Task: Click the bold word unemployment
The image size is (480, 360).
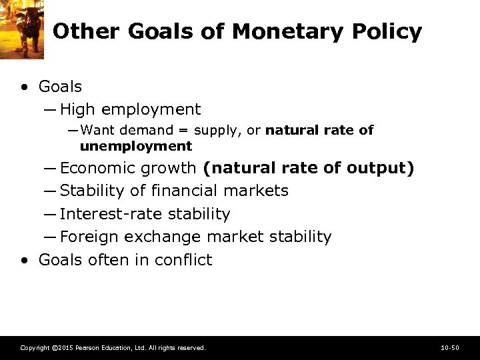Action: (x=135, y=146)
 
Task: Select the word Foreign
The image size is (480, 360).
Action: (x=87, y=237)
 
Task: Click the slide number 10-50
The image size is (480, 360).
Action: (x=450, y=348)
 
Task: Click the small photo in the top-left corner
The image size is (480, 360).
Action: (x=22, y=27)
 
